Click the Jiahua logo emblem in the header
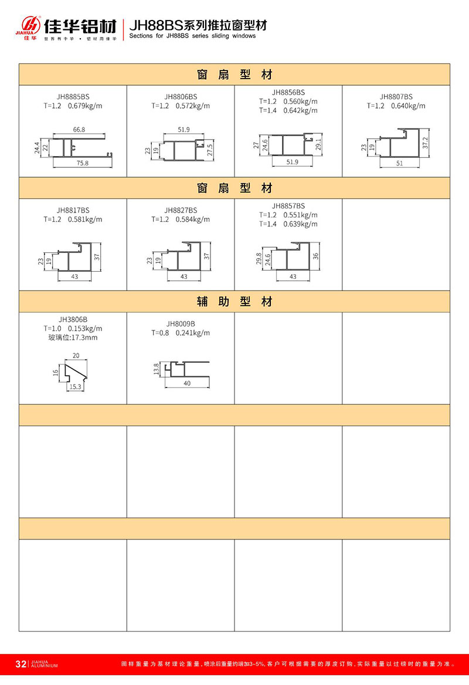click(x=29, y=26)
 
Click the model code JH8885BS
click(x=73, y=96)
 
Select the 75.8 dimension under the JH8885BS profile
click(x=82, y=164)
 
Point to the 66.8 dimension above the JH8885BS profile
click(x=79, y=129)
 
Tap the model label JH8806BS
click(x=181, y=96)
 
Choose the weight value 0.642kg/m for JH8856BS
click(x=300, y=110)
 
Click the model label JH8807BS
click(x=396, y=96)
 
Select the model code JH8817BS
click(x=73, y=210)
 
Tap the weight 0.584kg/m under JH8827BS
click(x=192, y=220)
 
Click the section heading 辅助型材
click(x=235, y=302)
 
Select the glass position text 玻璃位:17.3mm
click(x=73, y=338)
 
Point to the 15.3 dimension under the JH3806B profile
click(x=75, y=387)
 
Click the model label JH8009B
click(x=181, y=324)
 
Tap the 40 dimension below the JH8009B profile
click(x=186, y=383)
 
